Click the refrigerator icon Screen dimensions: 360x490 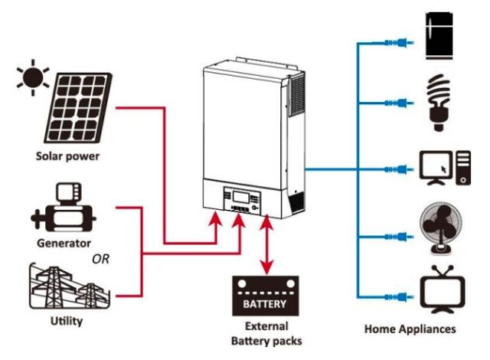click(x=442, y=35)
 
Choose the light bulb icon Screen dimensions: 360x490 click(x=439, y=100)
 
